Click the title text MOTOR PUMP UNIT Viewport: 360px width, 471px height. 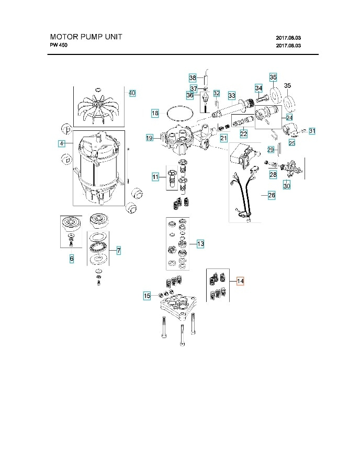click(x=86, y=37)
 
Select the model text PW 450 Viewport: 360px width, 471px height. click(x=59, y=45)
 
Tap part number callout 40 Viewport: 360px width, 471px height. click(x=132, y=93)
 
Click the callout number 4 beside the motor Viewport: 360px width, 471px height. click(x=62, y=143)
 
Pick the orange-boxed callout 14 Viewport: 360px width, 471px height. click(x=240, y=281)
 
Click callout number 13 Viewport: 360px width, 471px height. click(x=200, y=243)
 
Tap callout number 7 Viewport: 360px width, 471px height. click(x=119, y=251)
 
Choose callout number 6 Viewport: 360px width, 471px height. click(x=72, y=259)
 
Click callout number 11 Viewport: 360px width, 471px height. click(x=155, y=177)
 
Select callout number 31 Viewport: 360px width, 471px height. click(x=312, y=130)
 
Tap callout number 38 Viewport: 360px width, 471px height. click(x=193, y=78)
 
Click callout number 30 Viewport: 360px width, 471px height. click(x=286, y=186)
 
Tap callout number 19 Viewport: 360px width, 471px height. click(x=149, y=138)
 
